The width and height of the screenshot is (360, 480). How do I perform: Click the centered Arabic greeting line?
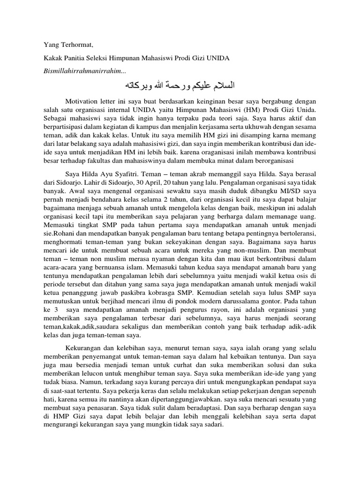pyautogui.click(x=180, y=85)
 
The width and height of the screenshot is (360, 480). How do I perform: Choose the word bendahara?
pyautogui.click(x=98, y=200)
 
